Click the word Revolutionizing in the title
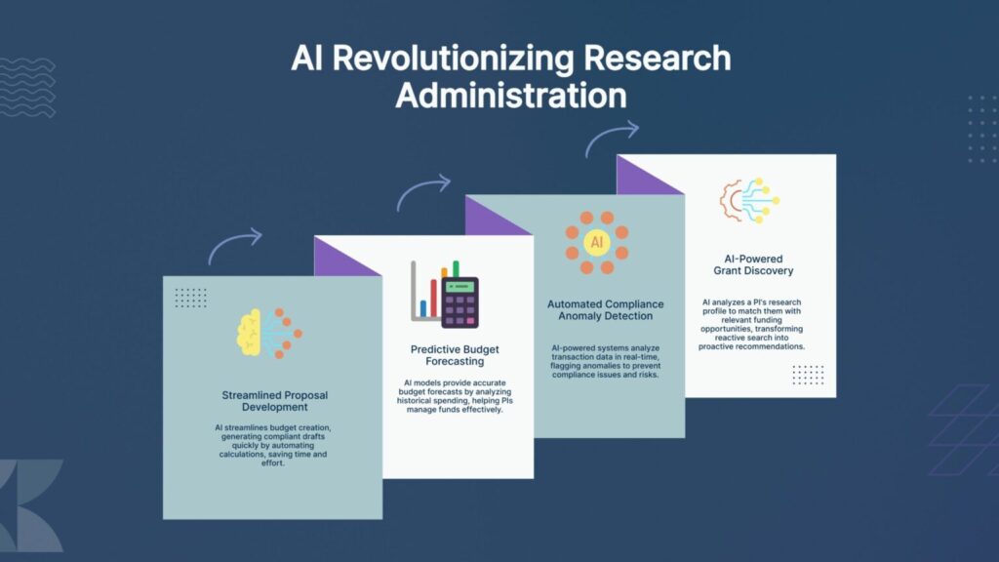pyautogui.click(x=453, y=59)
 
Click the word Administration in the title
pyautogui.click(x=511, y=96)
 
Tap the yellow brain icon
pyautogui.click(x=249, y=332)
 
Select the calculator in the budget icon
pyautogui.click(x=460, y=302)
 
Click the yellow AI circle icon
pyautogui.click(x=597, y=242)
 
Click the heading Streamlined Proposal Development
pyautogui.click(x=274, y=401)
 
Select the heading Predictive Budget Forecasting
pyautogui.click(x=455, y=355)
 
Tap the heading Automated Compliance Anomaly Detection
pyautogui.click(x=605, y=309)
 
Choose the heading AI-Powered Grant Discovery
pyautogui.click(x=753, y=264)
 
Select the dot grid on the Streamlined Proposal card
pyautogui.click(x=190, y=298)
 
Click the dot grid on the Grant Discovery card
pyautogui.click(x=808, y=375)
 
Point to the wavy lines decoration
pyautogui.click(x=27, y=87)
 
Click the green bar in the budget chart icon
pyautogui.click(x=456, y=269)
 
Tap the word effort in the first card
pyautogui.click(x=272, y=463)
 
